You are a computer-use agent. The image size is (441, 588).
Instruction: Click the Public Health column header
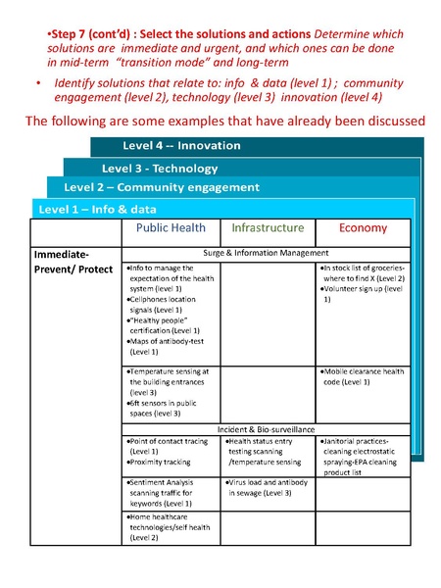171,228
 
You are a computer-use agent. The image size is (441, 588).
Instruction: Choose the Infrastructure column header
268,228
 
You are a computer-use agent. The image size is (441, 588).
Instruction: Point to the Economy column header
363,228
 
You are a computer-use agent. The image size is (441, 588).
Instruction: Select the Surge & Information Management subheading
268,252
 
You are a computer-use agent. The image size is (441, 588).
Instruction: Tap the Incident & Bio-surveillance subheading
268,430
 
